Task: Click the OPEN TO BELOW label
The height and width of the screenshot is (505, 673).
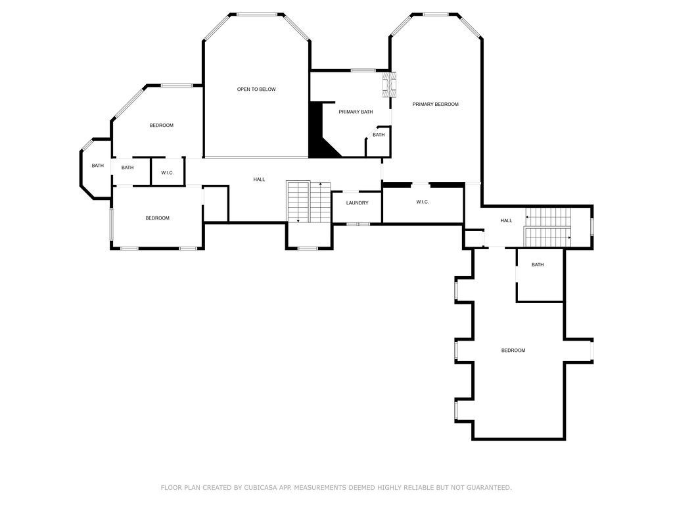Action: (x=256, y=89)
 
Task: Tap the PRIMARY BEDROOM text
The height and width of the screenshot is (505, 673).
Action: (x=435, y=105)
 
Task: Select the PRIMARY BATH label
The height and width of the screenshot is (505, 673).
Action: (x=356, y=112)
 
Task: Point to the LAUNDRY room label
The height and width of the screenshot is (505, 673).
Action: (x=357, y=203)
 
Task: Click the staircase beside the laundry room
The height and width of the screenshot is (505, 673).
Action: (x=309, y=203)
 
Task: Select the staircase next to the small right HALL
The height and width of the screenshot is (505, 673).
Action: (x=548, y=225)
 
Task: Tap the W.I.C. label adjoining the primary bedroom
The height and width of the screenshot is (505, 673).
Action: (x=422, y=203)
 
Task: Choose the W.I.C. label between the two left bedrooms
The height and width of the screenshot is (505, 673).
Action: (x=167, y=173)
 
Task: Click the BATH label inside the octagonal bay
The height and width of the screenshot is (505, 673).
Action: (x=97, y=166)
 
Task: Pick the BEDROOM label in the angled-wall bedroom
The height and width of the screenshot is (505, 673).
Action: (x=161, y=126)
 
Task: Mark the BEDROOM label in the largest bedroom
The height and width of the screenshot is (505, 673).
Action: (x=513, y=350)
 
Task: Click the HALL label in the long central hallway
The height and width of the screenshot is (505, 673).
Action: (x=260, y=180)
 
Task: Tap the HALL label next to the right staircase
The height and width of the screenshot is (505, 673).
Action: (x=506, y=221)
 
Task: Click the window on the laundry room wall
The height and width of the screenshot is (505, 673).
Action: (x=358, y=224)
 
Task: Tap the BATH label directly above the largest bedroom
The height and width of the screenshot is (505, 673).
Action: (x=538, y=265)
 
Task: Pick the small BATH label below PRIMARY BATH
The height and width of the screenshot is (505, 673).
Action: (x=379, y=135)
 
